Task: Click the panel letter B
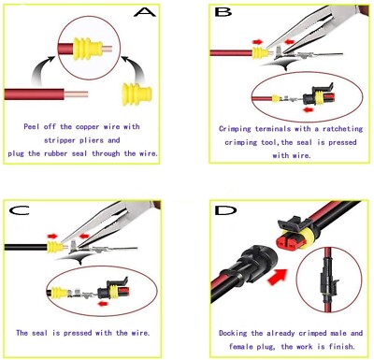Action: point(223,13)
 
